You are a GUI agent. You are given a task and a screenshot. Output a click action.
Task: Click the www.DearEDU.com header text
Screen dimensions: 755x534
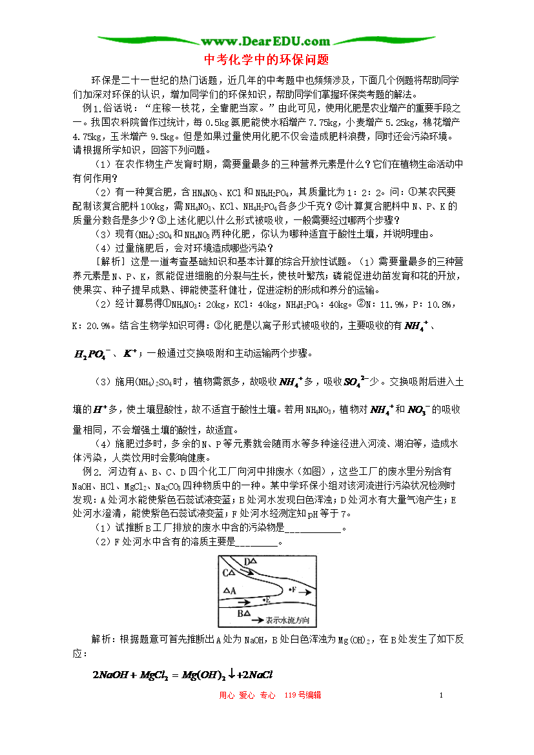click(267, 41)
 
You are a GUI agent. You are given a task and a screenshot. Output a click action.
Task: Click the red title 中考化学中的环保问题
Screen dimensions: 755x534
click(267, 60)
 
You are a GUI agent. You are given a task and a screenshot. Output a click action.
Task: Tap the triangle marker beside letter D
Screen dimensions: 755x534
click(254, 561)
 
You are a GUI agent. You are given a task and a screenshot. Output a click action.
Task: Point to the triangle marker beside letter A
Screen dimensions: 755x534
click(225, 590)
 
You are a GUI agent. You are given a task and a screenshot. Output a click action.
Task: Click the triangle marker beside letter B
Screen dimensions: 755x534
click(247, 612)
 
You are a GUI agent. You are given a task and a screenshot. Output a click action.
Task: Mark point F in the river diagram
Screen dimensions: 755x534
click(291, 590)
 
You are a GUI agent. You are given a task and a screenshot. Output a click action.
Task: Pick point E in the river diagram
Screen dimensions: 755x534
click(265, 600)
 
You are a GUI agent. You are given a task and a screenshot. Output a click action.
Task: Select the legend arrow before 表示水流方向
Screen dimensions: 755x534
click(257, 620)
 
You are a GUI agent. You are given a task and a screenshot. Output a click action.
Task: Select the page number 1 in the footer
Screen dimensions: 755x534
click(440, 695)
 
